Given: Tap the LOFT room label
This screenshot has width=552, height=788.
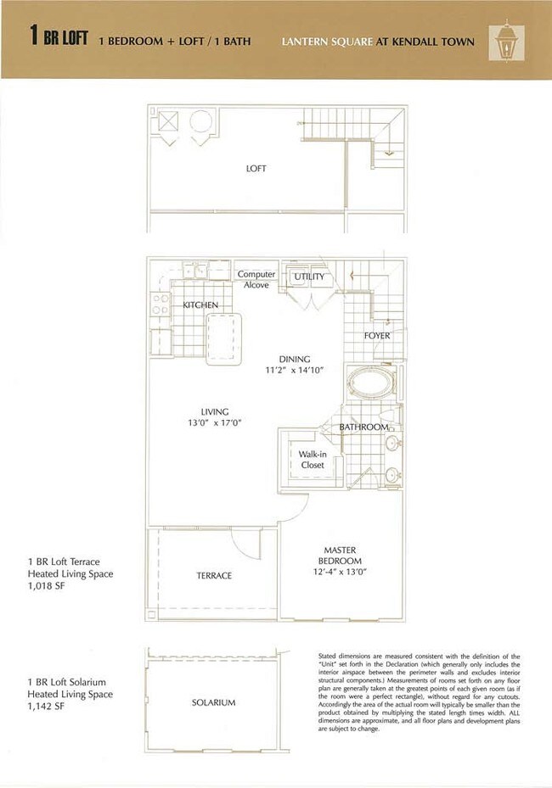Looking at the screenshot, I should pos(256,169).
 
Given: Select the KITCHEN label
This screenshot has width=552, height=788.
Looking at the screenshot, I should pos(201,305).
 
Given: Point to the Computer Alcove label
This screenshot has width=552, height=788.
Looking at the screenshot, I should pos(256,280).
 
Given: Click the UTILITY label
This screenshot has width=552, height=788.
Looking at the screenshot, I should pos(309,277).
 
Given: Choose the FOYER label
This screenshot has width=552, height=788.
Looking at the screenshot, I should pos(377,336).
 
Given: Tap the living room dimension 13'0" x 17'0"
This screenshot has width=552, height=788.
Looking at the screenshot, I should pos(214,423).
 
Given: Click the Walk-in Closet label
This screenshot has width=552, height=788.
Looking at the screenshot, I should pos(313,459).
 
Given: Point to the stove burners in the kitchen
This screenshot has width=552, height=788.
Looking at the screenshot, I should pos(160,305).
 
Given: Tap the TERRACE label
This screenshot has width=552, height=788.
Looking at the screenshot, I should pos(214,576).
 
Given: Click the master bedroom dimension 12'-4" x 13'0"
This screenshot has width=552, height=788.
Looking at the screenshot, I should pos(340,573).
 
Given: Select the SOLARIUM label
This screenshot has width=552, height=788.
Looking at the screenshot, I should pos(214,702).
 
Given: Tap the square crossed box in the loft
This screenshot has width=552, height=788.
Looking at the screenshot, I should pos(168,122).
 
